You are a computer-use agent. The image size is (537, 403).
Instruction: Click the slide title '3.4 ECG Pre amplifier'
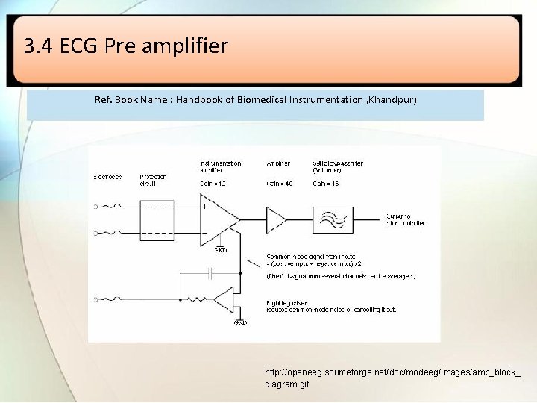click(x=125, y=47)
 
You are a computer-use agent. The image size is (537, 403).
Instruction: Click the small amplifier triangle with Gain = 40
click(x=275, y=219)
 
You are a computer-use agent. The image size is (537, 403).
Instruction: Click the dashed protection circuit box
click(x=157, y=219)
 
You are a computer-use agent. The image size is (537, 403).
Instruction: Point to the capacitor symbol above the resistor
click(x=212, y=274)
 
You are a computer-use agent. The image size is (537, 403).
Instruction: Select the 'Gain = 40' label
click(x=280, y=184)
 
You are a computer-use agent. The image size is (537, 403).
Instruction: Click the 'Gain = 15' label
click(x=326, y=184)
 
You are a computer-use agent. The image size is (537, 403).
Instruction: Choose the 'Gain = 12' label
click(x=213, y=184)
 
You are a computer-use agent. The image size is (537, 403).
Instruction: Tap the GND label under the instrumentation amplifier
click(x=221, y=249)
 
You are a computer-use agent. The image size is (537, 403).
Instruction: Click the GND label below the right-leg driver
click(x=240, y=322)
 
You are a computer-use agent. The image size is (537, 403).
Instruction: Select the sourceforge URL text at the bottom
click(x=392, y=378)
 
